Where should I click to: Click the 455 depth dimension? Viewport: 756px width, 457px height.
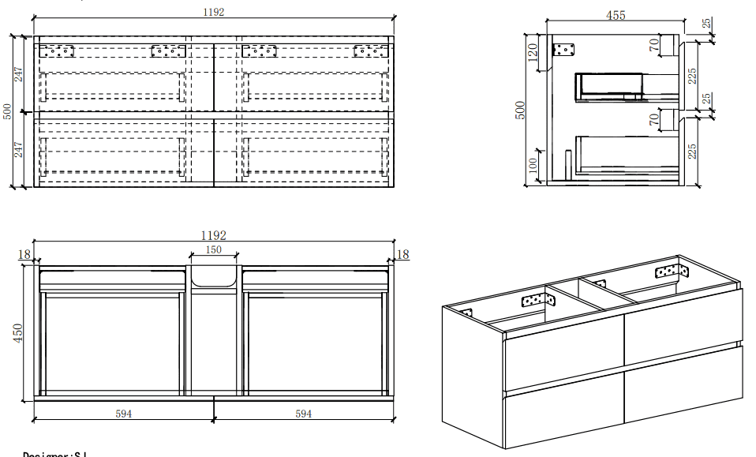point(616,15)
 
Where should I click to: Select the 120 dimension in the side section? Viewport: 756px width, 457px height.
point(533,53)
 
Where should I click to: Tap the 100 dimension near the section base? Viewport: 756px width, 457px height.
point(533,167)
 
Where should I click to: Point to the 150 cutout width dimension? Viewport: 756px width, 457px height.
point(214,249)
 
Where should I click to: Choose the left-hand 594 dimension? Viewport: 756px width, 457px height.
point(124,413)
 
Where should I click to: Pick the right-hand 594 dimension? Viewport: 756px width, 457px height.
point(303,413)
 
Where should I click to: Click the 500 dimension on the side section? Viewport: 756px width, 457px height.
point(520,109)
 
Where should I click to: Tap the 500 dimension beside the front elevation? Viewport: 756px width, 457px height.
point(7,111)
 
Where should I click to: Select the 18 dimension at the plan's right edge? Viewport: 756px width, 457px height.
point(402,254)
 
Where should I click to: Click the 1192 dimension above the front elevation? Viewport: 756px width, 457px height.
point(214,12)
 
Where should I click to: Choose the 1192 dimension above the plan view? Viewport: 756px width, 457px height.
point(214,235)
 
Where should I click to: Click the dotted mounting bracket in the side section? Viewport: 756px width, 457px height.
point(564,50)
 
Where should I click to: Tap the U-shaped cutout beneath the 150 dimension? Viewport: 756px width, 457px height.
point(214,276)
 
